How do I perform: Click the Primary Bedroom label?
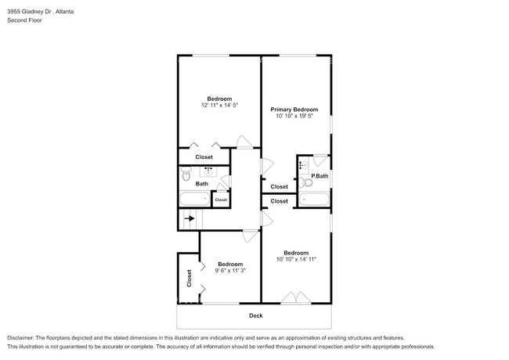click(x=294, y=109)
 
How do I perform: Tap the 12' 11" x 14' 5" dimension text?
click(x=219, y=105)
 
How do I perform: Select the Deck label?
click(x=255, y=315)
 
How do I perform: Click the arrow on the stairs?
click(x=190, y=221)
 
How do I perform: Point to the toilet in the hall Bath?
click(x=186, y=178)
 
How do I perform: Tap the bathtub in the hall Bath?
click(x=193, y=200)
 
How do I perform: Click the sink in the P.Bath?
click(x=303, y=166)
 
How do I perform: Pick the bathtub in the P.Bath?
click(x=315, y=200)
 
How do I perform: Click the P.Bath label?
click(x=319, y=176)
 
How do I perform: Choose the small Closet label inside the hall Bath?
click(x=221, y=200)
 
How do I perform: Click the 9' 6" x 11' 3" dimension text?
click(x=230, y=271)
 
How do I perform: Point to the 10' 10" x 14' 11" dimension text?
click(x=296, y=259)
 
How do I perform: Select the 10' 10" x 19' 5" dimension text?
click(x=294, y=116)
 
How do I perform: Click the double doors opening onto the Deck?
click(x=295, y=297)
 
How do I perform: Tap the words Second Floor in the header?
click(x=26, y=20)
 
